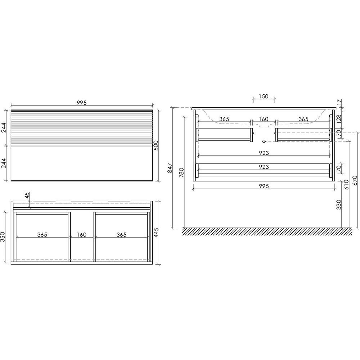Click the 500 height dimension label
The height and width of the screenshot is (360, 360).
pos(156,145)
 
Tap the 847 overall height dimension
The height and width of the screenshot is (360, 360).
pos(170,168)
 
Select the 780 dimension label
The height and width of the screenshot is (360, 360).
pos(181,173)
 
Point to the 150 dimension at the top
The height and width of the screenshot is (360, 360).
pos(264,96)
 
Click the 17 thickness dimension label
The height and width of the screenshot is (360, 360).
pos(339,102)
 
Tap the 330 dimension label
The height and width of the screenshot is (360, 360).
pos(339,204)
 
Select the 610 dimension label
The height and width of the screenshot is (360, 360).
pos(346,185)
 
